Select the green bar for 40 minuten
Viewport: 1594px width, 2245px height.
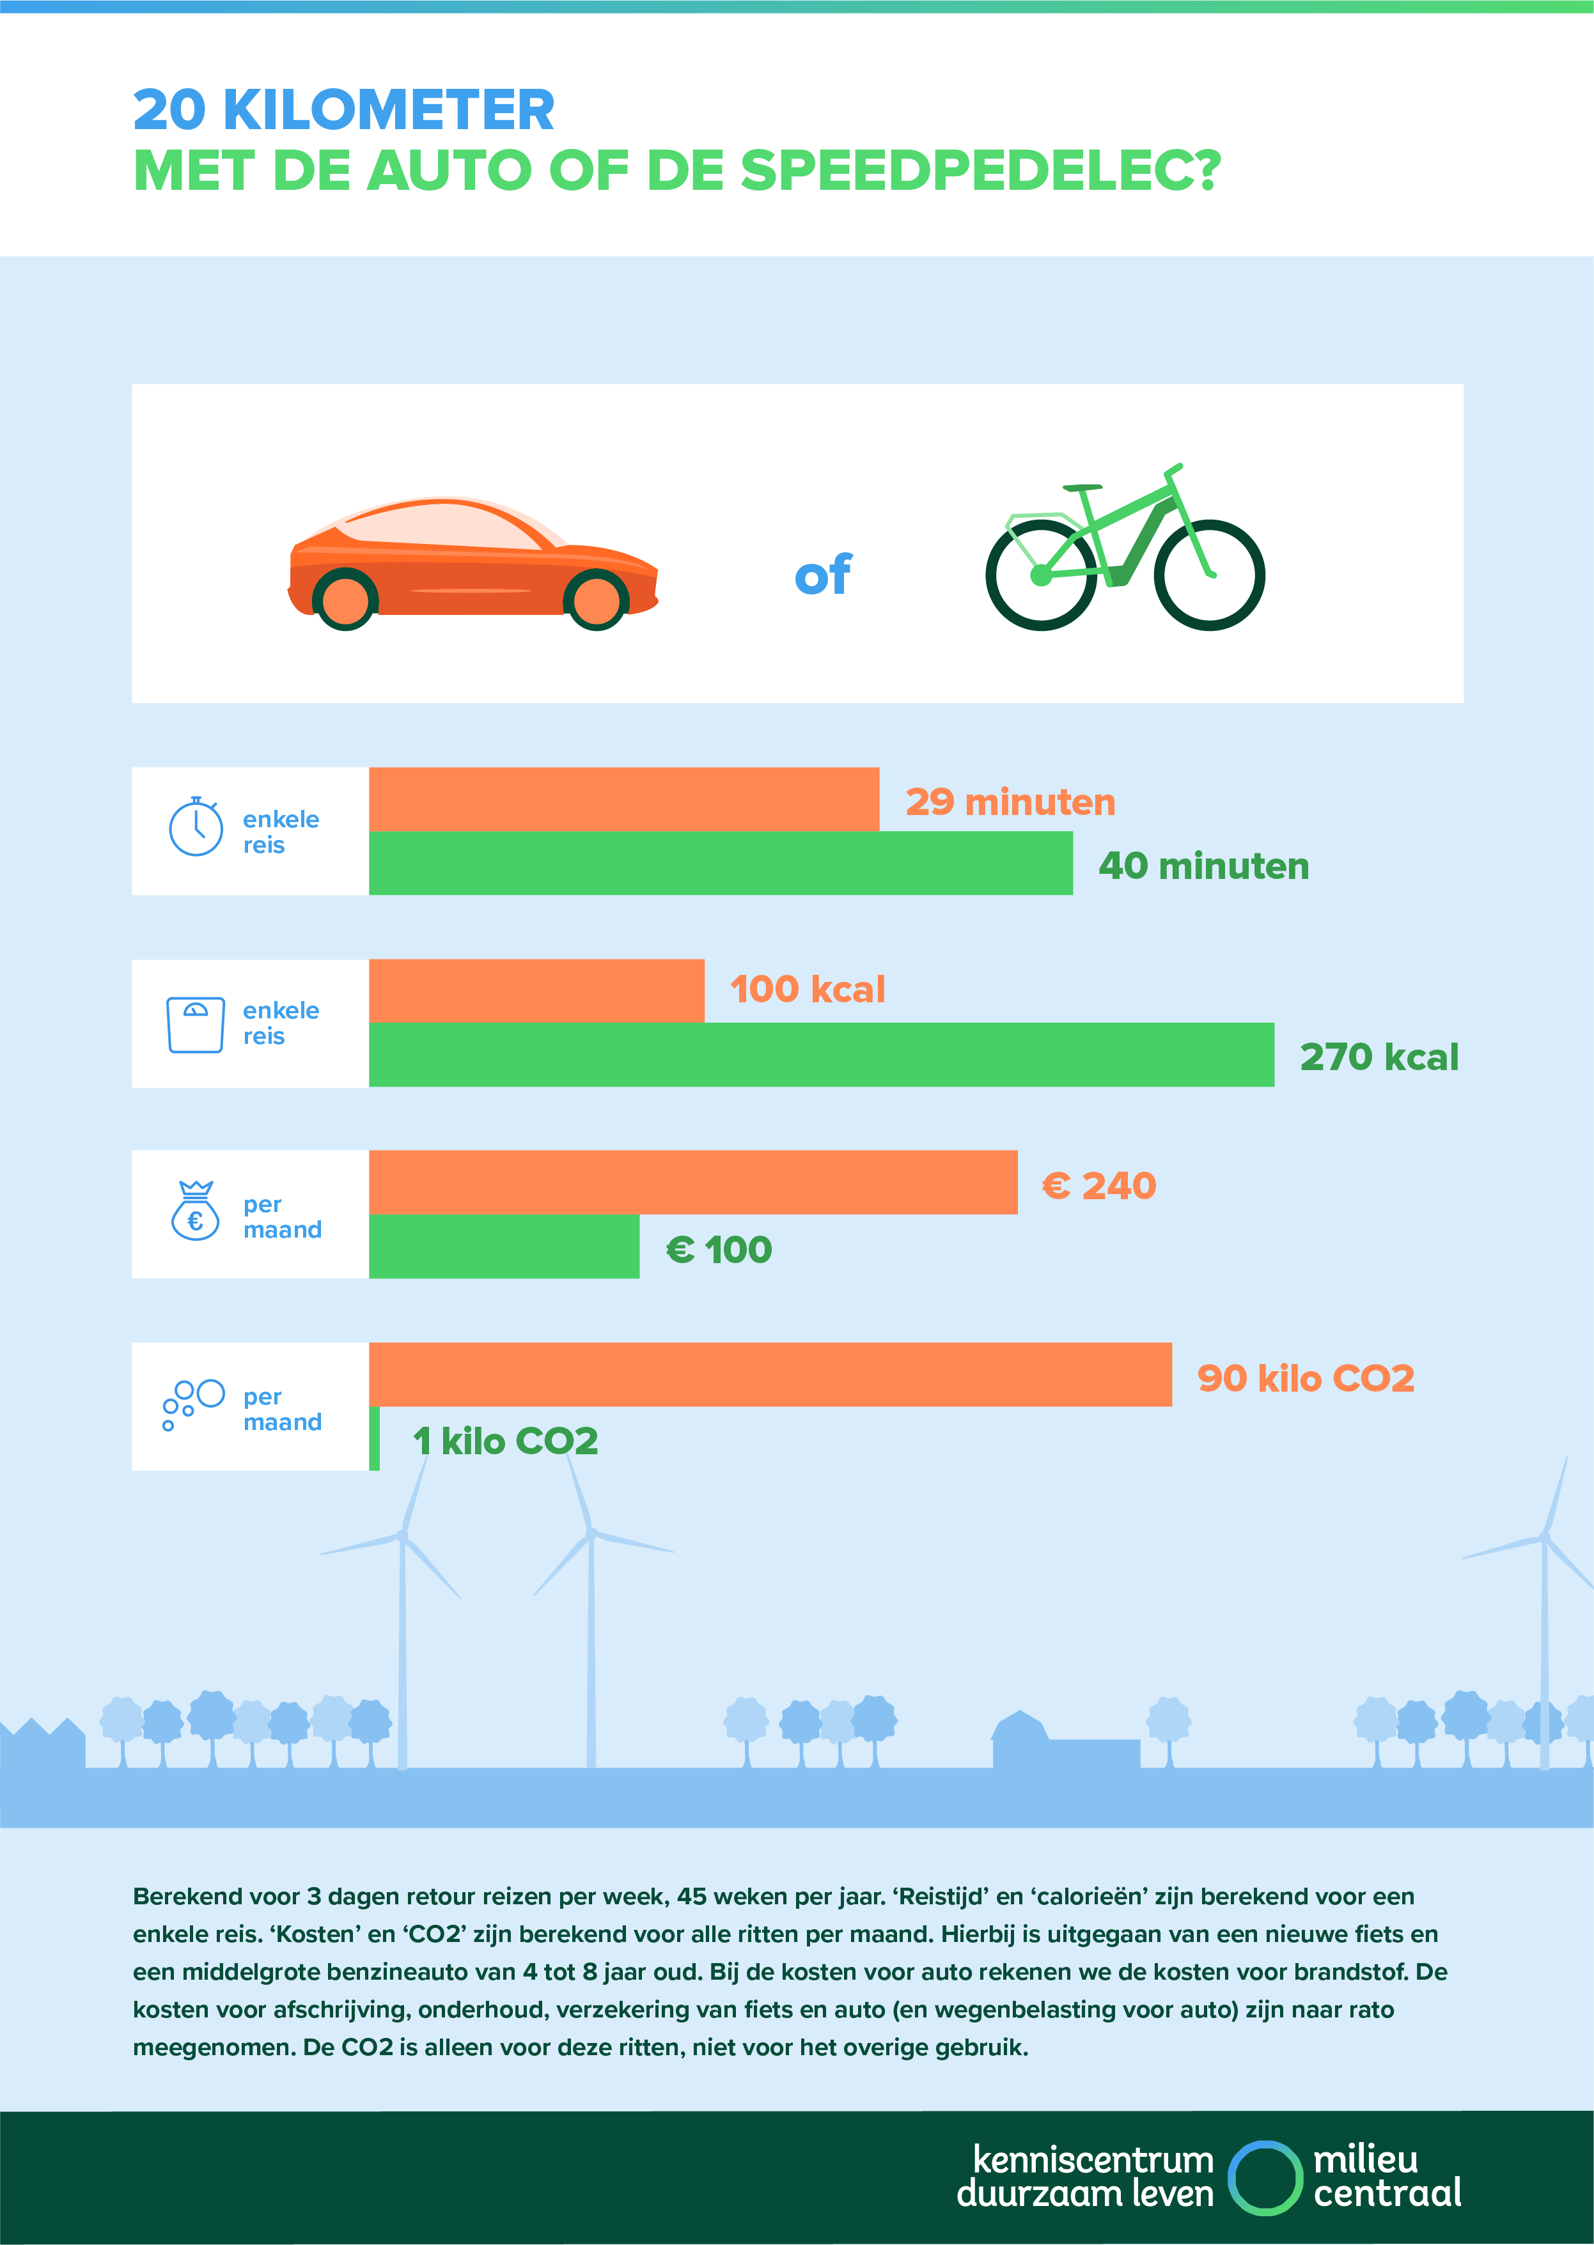coord(721,864)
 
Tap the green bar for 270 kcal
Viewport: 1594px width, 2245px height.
coord(820,1055)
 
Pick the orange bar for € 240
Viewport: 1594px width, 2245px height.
coord(693,1183)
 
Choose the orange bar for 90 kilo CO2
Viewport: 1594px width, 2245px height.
coord(770,1374)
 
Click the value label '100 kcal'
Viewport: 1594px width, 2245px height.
coord(807,989)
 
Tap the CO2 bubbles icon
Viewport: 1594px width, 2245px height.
coord(192,1404)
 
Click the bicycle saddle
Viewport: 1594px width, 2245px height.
coord(1082,488)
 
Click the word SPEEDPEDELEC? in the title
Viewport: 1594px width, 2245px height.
coord(980,171)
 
